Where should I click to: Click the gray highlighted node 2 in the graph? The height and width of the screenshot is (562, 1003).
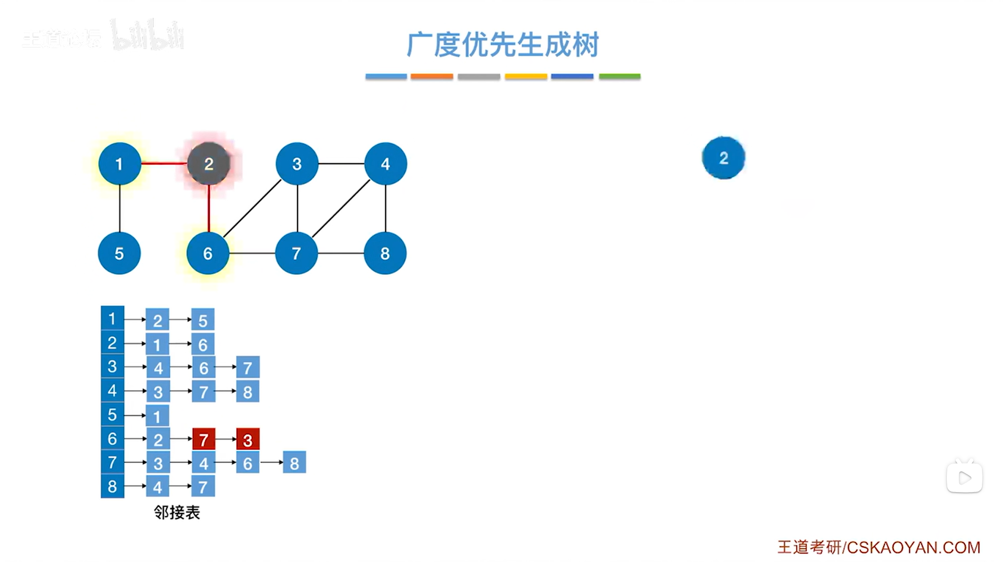pyautogui.click(x=209, y=164)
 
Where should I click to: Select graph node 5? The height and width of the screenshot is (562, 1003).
pyautogui.click(x=119, y=253)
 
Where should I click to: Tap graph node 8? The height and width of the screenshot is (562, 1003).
pyautogui.click(x=385, y=253)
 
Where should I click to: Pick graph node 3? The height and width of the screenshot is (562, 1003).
pyautogui.click(x=297, y=164)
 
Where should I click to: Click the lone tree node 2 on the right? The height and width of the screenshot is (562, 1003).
pyautogui.click(x=723, y=158)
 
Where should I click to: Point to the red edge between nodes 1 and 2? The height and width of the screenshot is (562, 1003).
pyautogui.click(x=164, y=164)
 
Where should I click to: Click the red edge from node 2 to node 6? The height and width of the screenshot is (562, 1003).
pyautogui.click(x=209, y=208)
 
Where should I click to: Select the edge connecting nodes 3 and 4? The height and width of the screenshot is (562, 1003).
pyautogui.click(x=341, y=164)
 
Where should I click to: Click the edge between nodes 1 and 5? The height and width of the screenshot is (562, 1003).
pyautogui.click(x=120, y=208)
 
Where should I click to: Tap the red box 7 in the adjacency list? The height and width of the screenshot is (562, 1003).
pyautogui.click(x=204, y=440)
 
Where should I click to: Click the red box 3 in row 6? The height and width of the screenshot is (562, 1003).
pyautogui.click(x=248, y=440)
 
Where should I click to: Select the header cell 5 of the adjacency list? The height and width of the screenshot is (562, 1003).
pyautogui.click(x=112, y=415)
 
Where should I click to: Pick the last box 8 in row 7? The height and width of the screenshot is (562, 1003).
pyautogui.click(x=294, y=463)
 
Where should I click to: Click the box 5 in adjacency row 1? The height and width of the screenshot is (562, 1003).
pyautogui.click(x=203, y=320)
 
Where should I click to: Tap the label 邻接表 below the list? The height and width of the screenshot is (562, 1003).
pyautogui.click(x=177, y=513)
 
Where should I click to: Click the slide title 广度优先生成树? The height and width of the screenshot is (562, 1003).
pyautogui.click(x=503, y=45)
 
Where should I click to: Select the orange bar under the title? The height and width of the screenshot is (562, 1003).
pyautogui.click(x=432, y=77)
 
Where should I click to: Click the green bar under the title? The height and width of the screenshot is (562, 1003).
pyautogui.click(x=620, y=77)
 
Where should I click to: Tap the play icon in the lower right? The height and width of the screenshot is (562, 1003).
pyautogui.click(x=965, y=478)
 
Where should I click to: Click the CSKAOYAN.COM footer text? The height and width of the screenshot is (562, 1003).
pyautogui.click(x=914, y=547)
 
